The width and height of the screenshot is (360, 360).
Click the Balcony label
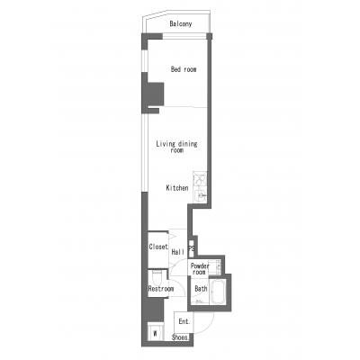(x=181, y=24)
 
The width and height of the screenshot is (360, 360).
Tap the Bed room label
(x=184, y=69)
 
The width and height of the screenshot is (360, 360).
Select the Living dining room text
(x=177, y=147)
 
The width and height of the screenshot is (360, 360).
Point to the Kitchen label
(x=177, y=188)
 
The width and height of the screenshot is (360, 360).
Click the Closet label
(x=158, y=247)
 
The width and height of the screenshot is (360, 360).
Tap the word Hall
(x=178, y=252)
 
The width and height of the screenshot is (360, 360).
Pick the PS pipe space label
(x=191, y=248)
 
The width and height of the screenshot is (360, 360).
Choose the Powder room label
(x=200, y=269)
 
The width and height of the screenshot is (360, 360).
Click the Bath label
(x=201, y=289)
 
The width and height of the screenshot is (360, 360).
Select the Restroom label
(x=161, y=289)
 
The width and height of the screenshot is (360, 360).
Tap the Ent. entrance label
(x=184, y=321)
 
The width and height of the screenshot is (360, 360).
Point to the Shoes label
(x=180, y=337)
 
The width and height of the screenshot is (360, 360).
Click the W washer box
(x=156, y=333)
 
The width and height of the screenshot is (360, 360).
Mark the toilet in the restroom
(x=157, y=277)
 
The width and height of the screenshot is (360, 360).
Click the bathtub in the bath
(x=219, y=292)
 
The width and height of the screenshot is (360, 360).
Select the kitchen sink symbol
(x=200, y=195)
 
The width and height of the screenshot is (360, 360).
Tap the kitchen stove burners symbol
(x=200, y=179)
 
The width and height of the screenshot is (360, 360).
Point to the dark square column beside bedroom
(x=153, y=94)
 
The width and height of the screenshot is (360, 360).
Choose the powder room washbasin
(x=216, y=266)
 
